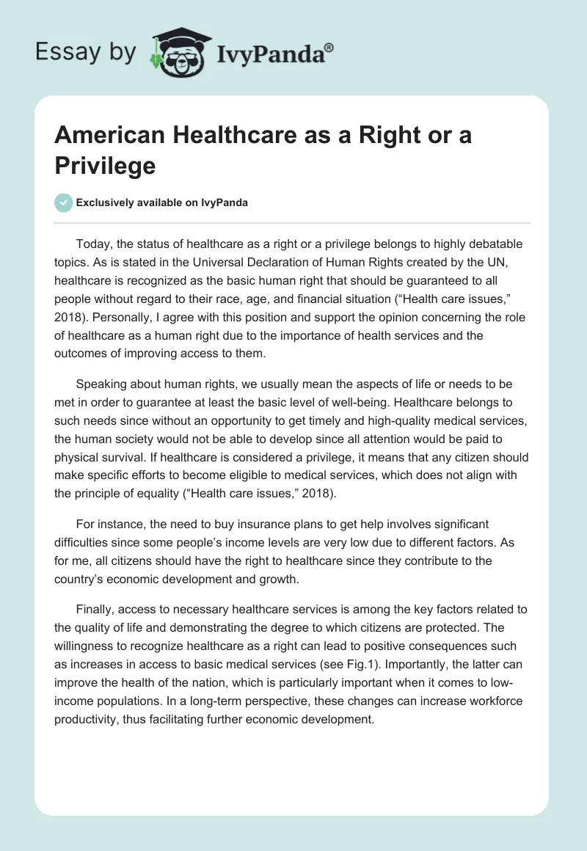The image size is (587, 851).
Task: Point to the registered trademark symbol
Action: (329, 48)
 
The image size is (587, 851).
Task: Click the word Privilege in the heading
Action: (105, 165)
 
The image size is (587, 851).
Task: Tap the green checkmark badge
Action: (64, 202)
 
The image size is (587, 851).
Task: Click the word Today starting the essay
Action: (92, 244)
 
